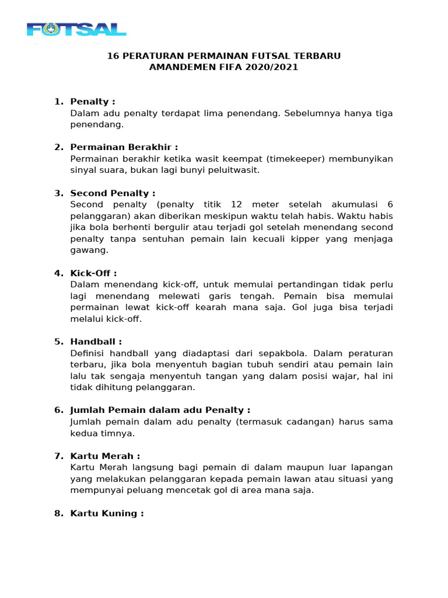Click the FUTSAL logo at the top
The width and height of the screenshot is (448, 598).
click(x=76, y=29)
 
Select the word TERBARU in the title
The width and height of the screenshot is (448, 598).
click(x=316, y=56)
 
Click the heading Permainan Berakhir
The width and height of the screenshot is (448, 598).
click(x=124, y=147)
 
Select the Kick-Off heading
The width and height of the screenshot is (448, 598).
click(x=93, y=273)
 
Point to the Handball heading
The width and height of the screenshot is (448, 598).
click(x=96, y=342)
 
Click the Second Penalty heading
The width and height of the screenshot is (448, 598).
click(x=113, y=193)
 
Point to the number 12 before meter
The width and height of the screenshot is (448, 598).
click(x=236, y=204)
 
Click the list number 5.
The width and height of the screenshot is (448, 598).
click(x=58, y=342)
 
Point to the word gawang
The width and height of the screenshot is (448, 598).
click(x=88, y=250)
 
